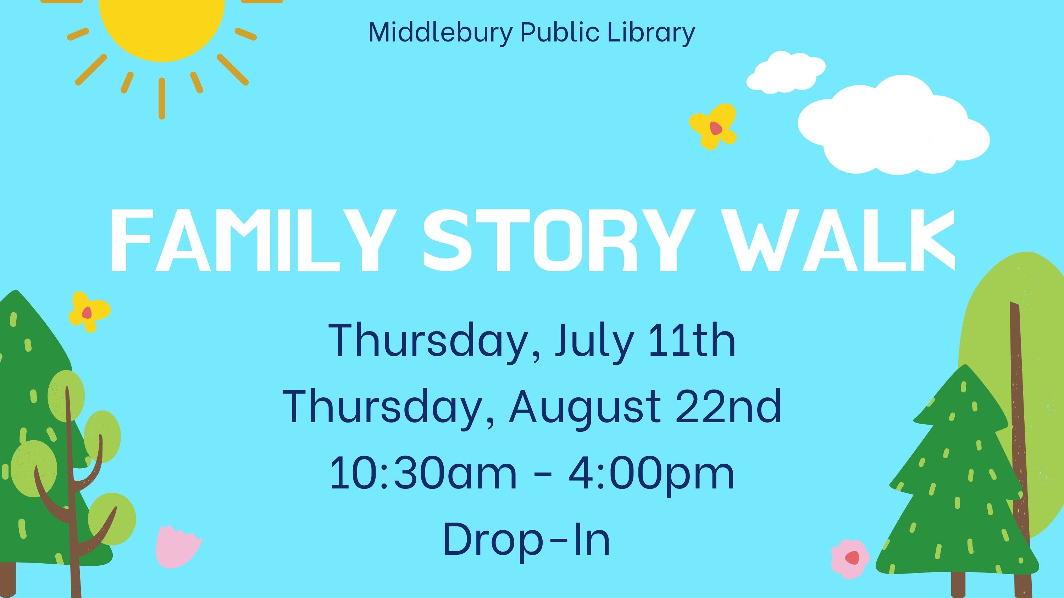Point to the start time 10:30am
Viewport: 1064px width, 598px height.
coord(423,473)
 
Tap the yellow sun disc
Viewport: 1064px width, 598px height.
coord(162,25)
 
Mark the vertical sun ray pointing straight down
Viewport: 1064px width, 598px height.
coord(162,99)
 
